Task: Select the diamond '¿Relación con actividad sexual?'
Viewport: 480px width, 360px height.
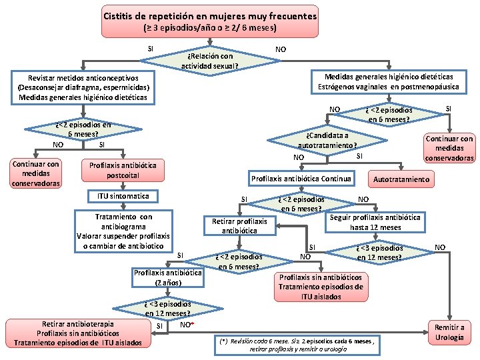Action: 209,61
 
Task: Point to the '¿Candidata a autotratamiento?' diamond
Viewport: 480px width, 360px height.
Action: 327,140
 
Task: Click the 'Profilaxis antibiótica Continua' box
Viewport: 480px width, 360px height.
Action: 301,178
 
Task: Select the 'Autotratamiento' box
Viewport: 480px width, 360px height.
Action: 401,179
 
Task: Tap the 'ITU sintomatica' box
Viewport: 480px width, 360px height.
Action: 123,196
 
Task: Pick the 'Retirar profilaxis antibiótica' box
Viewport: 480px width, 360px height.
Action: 239,225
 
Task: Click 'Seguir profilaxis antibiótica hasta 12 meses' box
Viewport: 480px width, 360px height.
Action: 375,222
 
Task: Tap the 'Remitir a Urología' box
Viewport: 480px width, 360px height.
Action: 449,332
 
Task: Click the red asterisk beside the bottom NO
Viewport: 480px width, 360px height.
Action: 192,325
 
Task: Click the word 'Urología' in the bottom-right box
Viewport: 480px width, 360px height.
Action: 450,337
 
